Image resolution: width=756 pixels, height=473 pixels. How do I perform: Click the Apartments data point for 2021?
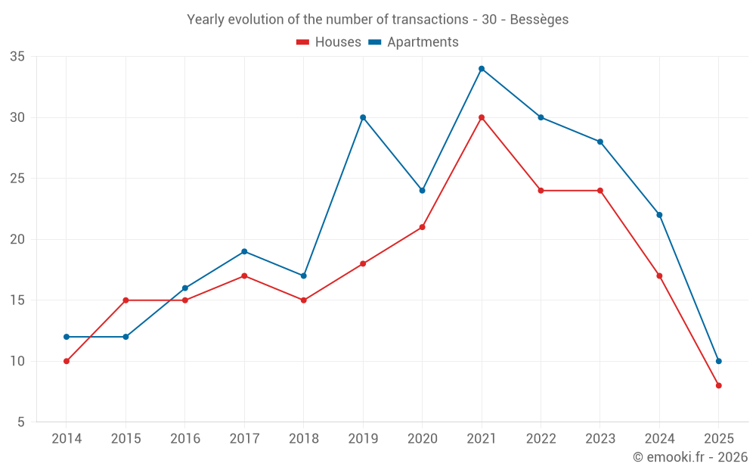(x=482, y=69)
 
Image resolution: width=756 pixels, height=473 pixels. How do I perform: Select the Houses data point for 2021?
(x=482, y=117)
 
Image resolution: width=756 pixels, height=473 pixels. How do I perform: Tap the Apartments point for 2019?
(x=363, y=117)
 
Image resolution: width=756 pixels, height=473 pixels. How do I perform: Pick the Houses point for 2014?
(x=67, y=361)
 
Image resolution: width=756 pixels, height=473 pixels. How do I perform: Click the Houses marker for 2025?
(x=719, y=385)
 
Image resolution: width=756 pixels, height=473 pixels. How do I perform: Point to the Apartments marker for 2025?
(x=719, y=361)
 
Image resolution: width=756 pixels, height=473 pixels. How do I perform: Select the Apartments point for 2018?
(x=303, y=275)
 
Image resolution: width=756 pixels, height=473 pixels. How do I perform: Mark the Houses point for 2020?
(x=422, y=227)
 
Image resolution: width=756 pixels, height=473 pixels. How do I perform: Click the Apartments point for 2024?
(x=659, y=215)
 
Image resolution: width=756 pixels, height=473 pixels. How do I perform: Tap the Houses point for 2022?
(x=541, y=191)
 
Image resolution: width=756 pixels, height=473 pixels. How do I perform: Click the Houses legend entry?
(x=329, y=42)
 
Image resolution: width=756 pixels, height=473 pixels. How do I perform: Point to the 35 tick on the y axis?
(x=17, y=57)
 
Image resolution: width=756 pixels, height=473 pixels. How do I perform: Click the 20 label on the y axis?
(x=17, y=239)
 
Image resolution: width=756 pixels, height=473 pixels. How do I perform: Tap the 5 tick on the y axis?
(x=21, y=422)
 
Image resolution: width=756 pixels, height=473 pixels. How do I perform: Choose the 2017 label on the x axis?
(x=244, y=439)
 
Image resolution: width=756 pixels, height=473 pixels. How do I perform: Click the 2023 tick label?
(x=600, y=439)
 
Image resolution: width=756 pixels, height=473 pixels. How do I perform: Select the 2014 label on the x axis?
(x=67, y=439)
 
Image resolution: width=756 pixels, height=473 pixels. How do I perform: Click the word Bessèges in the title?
(x=539, y=20)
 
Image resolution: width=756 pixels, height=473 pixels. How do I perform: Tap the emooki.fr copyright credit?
(x=690, y=457)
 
